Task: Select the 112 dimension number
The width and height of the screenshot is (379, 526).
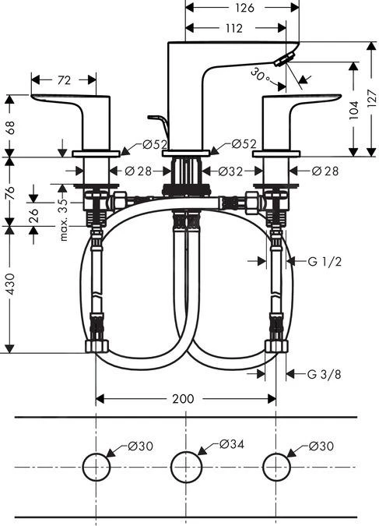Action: [232, 28]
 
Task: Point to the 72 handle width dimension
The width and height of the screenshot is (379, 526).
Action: [65, 79]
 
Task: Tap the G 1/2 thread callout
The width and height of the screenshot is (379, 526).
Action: [323, 262]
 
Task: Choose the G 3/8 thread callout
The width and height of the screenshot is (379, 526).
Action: [323, 374]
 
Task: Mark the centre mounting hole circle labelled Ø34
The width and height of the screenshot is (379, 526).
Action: [185, 467]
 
